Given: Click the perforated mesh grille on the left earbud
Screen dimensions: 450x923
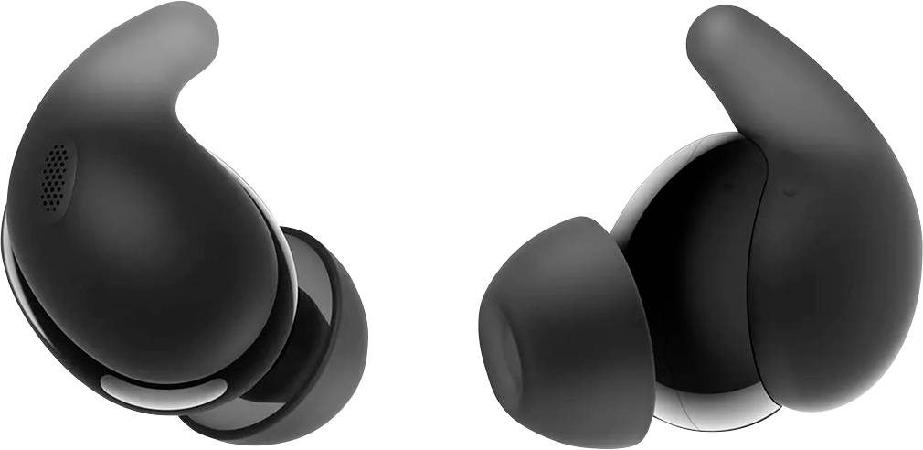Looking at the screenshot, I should pos(56,175).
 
